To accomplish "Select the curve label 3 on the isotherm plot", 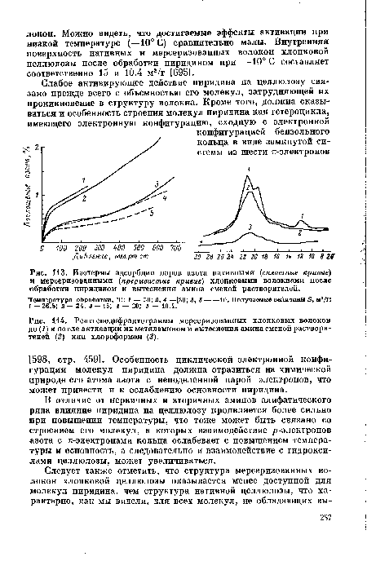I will [156, 183].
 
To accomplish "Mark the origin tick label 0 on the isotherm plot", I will [43, 245].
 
